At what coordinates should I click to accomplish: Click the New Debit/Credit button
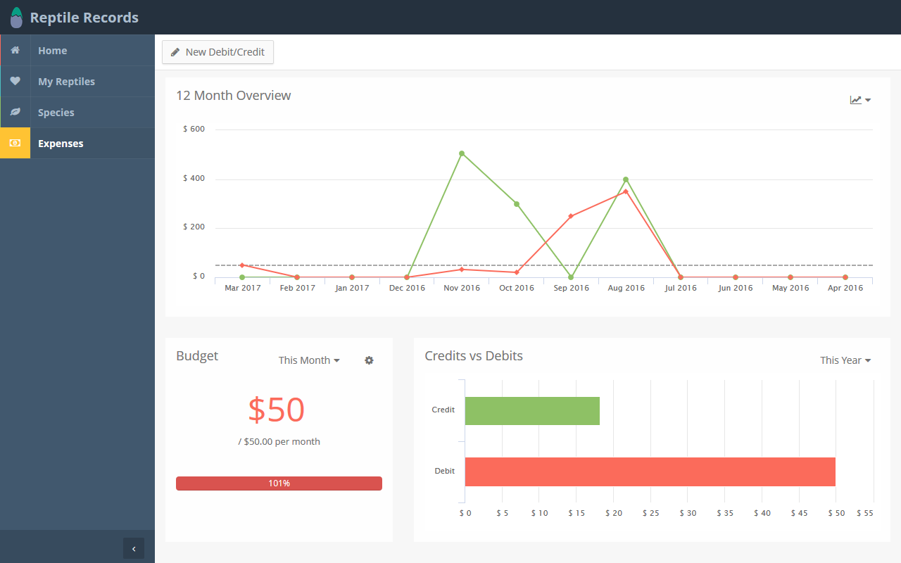click(x=218, y=52)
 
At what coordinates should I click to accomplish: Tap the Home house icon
click(x=15, y=50)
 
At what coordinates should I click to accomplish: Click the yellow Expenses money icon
click(x=15, y=143)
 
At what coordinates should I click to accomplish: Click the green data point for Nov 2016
click(x=462, y=153)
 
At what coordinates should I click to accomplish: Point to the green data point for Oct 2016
click(x=517, y=204)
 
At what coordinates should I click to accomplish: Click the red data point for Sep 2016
click(x=571, y=216)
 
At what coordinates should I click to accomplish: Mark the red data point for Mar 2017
click(x=241, y=265)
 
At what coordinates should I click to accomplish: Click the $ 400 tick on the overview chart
click(x=194, y=178)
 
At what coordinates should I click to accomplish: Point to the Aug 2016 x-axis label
click(x=626, y=288)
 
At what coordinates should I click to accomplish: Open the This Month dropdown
click(x=309, y=360)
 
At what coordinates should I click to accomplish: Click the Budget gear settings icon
click(x=369, y=360)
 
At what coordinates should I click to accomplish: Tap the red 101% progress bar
click(x=279, y=483)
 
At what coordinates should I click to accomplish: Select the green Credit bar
click(x=532, y=410)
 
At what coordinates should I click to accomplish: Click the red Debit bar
click(x=650, y=472)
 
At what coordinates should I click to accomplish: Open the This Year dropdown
click(x=845, y=360)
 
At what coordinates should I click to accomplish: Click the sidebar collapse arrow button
click(x=134, y=548)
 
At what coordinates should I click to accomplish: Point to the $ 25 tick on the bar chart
click(x=650, y=513)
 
